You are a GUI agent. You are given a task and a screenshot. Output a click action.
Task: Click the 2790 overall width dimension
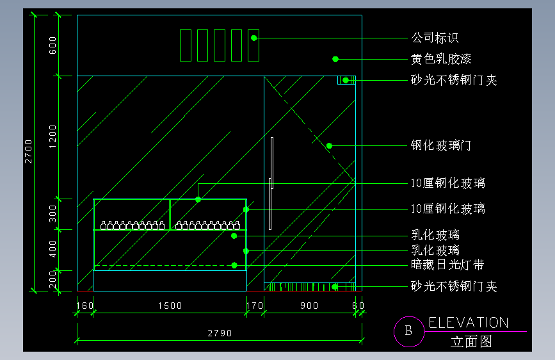(219, 333)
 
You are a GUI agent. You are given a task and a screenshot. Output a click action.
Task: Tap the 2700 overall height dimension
(29, 151)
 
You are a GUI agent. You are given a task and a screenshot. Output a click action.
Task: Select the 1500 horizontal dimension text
(170, 306)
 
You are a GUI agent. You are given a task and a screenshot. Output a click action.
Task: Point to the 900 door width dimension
(309, 306)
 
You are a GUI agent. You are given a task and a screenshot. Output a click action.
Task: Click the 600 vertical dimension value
(53, 45)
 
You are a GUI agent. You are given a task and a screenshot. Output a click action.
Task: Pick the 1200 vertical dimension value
(53, 136)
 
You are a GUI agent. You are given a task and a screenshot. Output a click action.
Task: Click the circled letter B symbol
(408, 331)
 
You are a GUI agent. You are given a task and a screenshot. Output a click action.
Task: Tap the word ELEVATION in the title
(469, 323)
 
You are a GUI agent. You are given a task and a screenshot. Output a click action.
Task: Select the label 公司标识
(435, 38)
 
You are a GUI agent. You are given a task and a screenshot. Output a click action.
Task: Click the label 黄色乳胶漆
(441, 59)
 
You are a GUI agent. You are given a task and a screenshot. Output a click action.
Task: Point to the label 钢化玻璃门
(441, 145)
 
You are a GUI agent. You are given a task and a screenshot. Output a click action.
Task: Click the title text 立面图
(471, 341)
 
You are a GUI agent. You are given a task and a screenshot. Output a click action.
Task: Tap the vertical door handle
(271, 183)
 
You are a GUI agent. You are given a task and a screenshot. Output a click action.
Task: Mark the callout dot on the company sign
(254, 38)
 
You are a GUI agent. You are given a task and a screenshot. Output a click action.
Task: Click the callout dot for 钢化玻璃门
(329, 145)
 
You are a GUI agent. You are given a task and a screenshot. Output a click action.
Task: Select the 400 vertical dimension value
(53, 249)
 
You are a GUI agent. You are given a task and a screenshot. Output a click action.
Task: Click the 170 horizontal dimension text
(255, 306)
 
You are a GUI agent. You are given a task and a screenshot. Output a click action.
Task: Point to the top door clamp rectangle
(346, 80)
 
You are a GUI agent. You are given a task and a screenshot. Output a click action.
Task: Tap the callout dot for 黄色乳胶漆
(335, 59)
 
